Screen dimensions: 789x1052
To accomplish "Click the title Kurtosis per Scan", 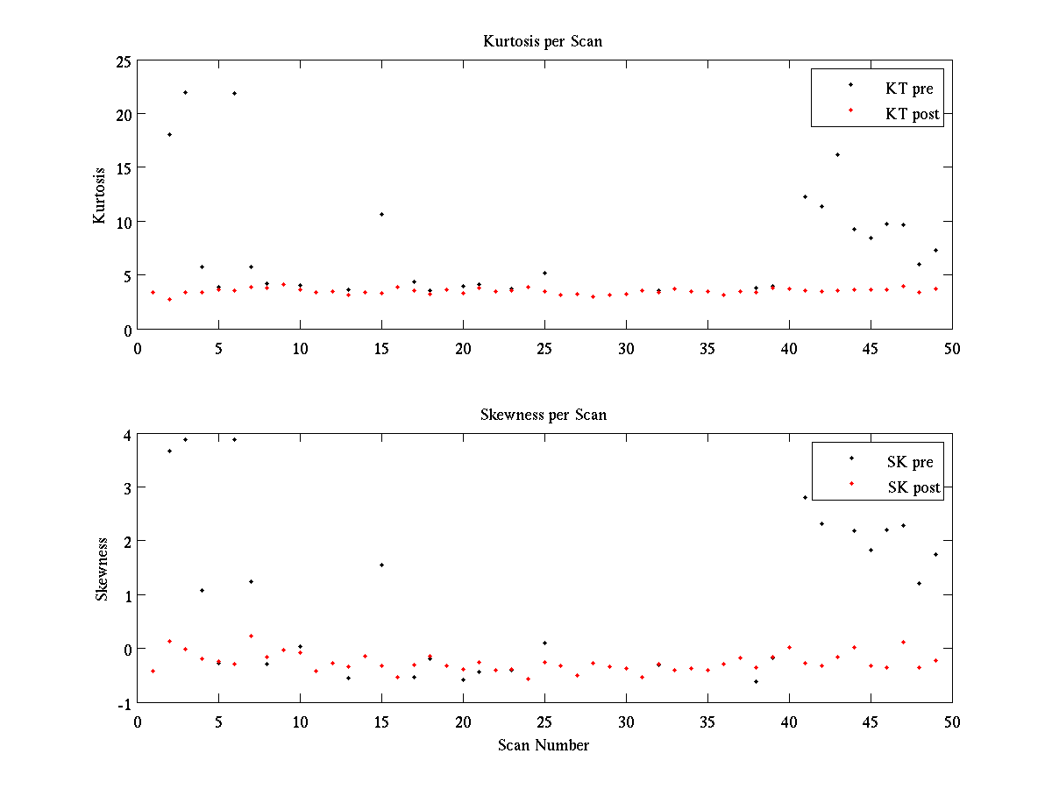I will pos(543,41).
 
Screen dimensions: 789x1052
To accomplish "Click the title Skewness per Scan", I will pos(543,415).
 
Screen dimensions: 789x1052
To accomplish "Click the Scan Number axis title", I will pos(544,745).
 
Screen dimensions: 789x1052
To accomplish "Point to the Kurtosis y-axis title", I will pos(100,195).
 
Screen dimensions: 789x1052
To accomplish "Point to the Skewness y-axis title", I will pos(102,569).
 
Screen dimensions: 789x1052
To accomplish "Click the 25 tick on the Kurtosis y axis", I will pos(122,61).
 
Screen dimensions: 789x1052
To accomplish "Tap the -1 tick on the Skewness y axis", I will pos(123,703).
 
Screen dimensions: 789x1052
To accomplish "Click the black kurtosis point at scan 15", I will pos(381,214).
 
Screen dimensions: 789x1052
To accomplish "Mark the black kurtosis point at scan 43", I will pos(837,154).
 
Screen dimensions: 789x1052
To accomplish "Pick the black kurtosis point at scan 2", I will pos(169,134).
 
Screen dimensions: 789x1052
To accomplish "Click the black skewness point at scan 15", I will pos(381,565).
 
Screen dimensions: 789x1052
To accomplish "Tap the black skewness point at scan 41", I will pos(805,497).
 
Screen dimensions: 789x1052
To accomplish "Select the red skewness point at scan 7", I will pos(251,636).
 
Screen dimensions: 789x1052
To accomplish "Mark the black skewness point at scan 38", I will pos(756,681).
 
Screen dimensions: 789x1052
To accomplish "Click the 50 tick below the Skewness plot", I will pos(952,721).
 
